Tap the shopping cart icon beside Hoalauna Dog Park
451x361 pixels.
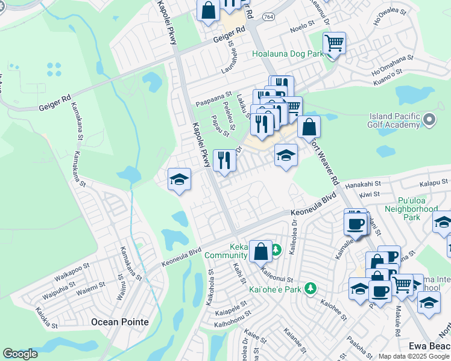coord(333,43)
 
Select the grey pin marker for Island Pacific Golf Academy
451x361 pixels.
coord(429,120)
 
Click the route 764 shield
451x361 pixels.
coord(269,16)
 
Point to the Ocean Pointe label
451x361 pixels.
coord(119,322)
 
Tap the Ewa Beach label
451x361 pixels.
coord(429,346)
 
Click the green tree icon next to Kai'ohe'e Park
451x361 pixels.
coord(310,289)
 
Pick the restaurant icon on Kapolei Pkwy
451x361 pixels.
coord(224,160)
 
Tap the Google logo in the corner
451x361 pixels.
coord(20,354)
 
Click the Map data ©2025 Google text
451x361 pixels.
coord(414,356)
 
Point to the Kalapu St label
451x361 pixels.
coord(434,181)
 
